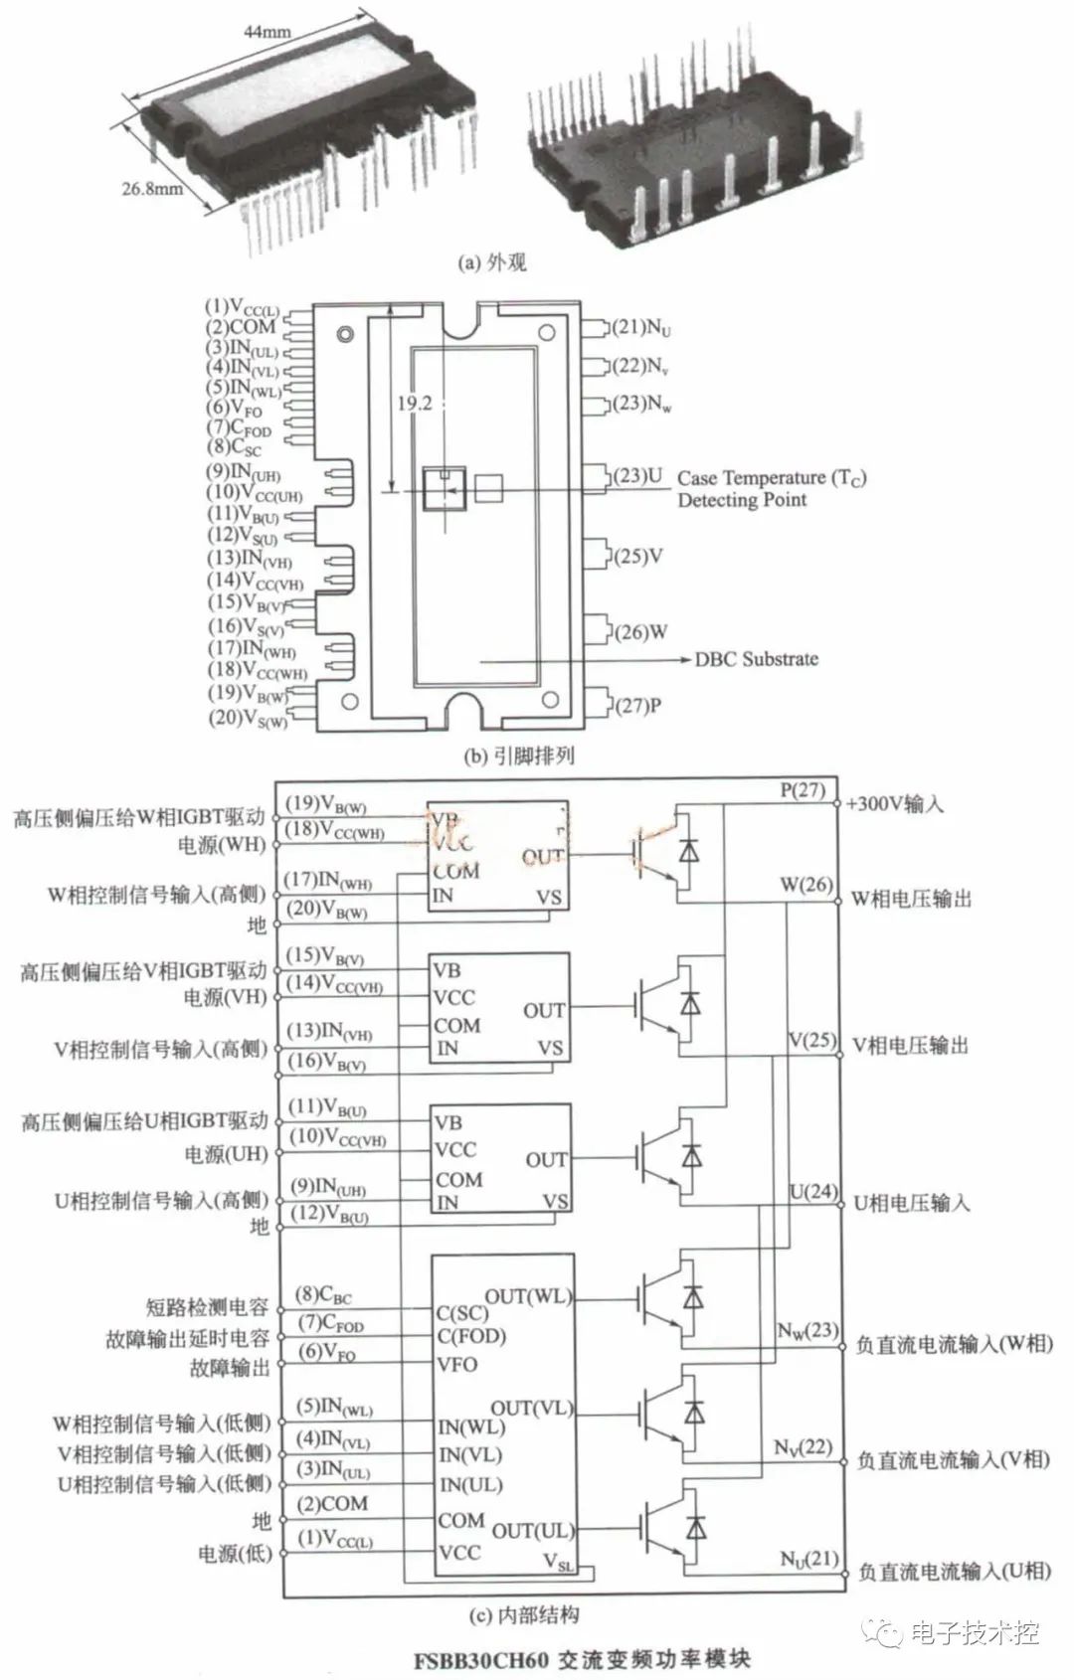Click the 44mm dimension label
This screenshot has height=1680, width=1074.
[x=268, y=31]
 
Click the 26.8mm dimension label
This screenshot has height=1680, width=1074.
[x=152, y=187]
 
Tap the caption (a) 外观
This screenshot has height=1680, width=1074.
[x=491, y=262]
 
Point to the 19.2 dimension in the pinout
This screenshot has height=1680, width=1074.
[x=415, y=404]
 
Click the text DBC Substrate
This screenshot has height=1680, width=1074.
[x=757, y=659]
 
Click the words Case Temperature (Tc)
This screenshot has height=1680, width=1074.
[x=772, y=478]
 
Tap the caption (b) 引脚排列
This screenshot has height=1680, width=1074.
[x=519, y=755]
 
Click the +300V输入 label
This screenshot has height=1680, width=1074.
[x=894, y=804]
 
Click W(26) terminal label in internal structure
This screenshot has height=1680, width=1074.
[x=805, y=883]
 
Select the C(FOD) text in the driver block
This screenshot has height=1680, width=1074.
[x=471, y=1336]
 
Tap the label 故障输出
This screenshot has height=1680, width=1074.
[x=230, y=1368]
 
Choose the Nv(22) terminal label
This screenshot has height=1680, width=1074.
[x=803, y=1446]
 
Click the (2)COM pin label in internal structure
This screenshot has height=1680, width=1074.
[x=333, y=1504]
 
